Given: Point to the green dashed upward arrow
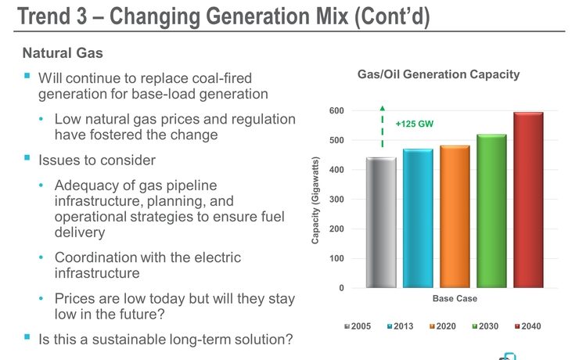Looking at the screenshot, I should pyautogui.click(x=383, y=127).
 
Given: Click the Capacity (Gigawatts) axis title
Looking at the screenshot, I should pyautogui.click(x=315, y=200).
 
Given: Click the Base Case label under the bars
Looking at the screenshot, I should pyautogui.click(x=455, y=299).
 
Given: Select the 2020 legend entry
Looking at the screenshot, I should pyautogui.click(x=443, y=326).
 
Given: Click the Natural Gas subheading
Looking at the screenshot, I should pyautogui.click(x=63, y=53).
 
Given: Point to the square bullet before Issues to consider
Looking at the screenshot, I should pyautogui.click(x=27, y=159).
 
